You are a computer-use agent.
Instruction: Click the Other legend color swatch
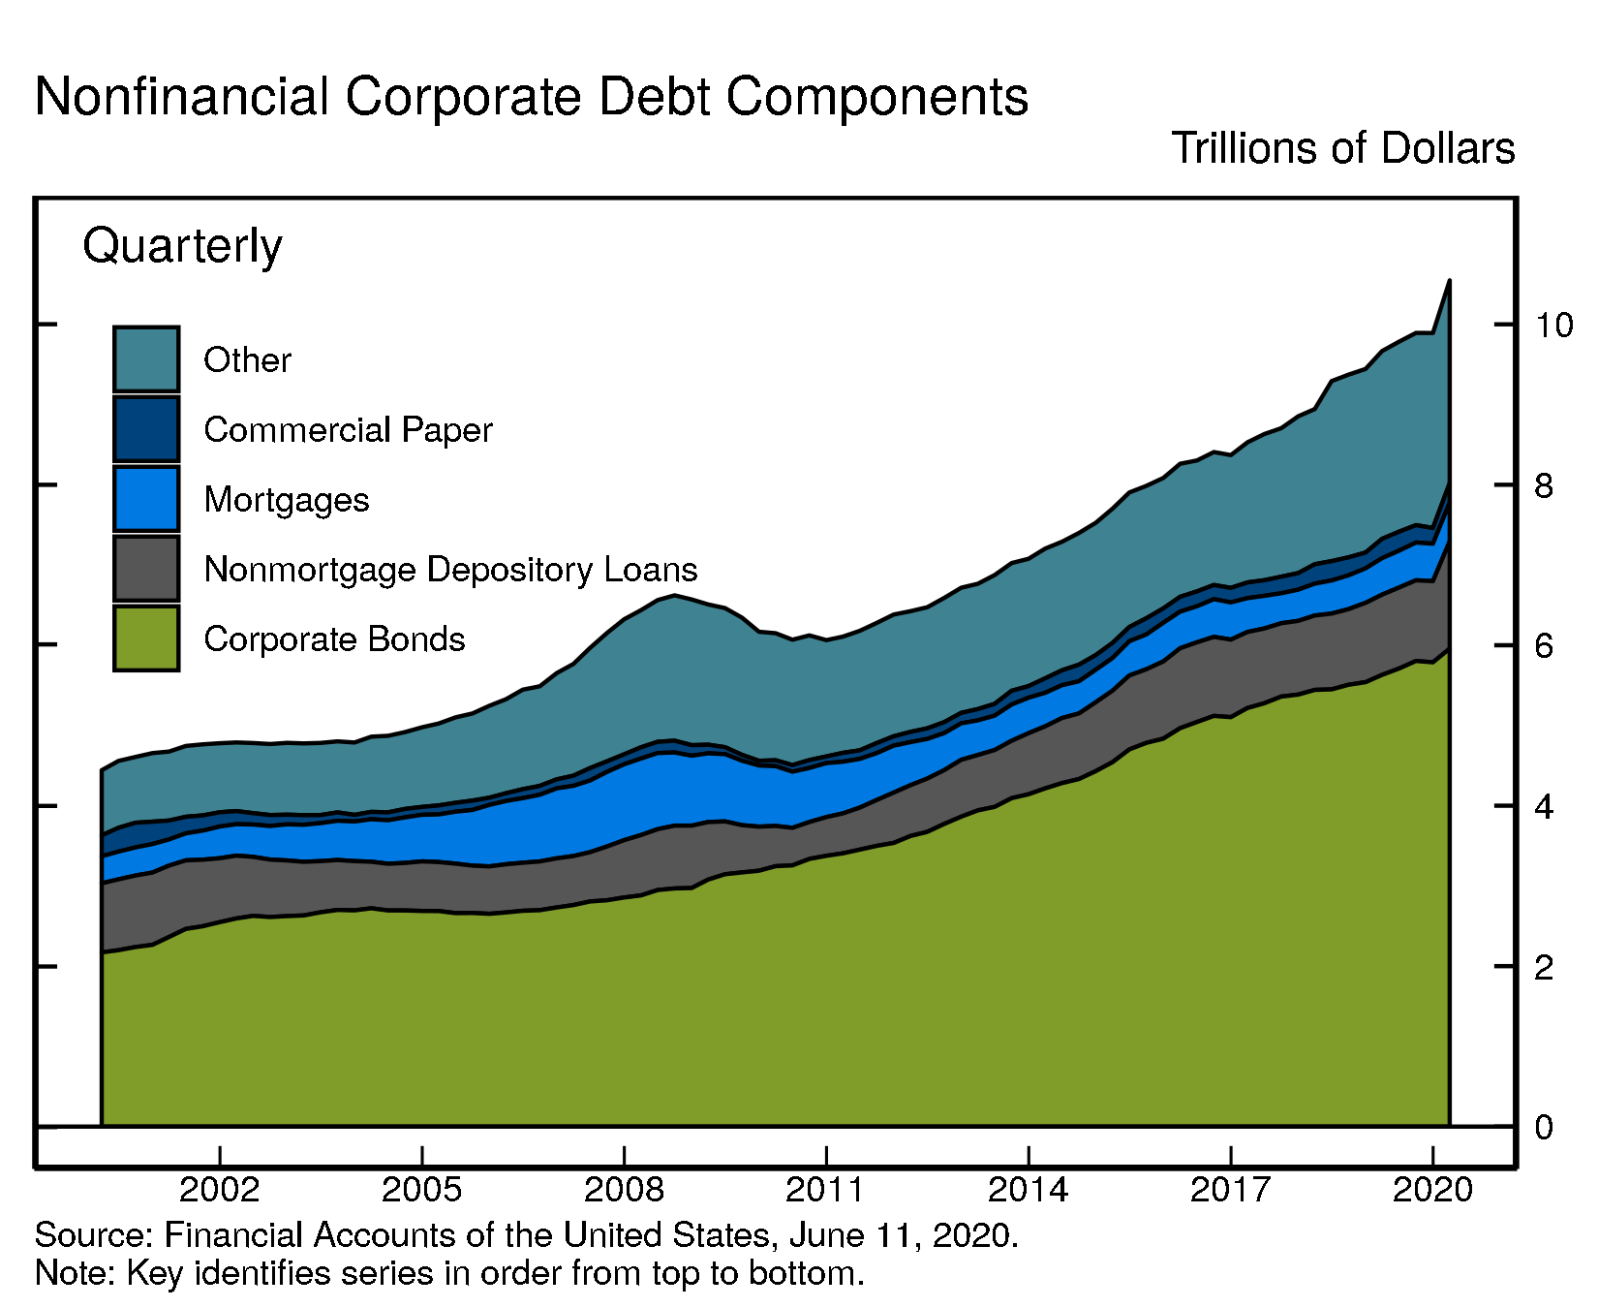coord(146,359)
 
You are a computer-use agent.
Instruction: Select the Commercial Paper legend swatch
coord(146,429)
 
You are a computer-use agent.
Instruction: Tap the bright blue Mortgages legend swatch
coord(146,499)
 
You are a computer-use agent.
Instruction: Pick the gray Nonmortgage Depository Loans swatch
coord(146,569)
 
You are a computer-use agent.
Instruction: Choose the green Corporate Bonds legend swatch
coord(146,638)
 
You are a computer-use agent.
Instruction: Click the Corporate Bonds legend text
coord(334,639)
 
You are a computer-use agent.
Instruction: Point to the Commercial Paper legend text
coord(348,430)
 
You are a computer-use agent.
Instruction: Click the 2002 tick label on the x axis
coord(220,1190)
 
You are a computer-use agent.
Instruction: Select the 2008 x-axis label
coord(624,1190)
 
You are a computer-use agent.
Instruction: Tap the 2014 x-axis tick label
coord(1028,1190)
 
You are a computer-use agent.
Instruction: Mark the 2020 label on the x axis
coord(1431,1190)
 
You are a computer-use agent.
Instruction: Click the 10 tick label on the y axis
coord(1552,326)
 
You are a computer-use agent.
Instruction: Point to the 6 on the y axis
coord(1544,646)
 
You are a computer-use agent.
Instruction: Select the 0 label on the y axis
coord(1544,1128)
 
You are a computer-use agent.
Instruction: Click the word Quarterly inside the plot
coord(182,247)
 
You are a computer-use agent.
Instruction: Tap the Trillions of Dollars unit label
coord(1342,148)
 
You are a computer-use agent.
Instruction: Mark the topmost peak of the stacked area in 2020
coord(1449,280)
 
